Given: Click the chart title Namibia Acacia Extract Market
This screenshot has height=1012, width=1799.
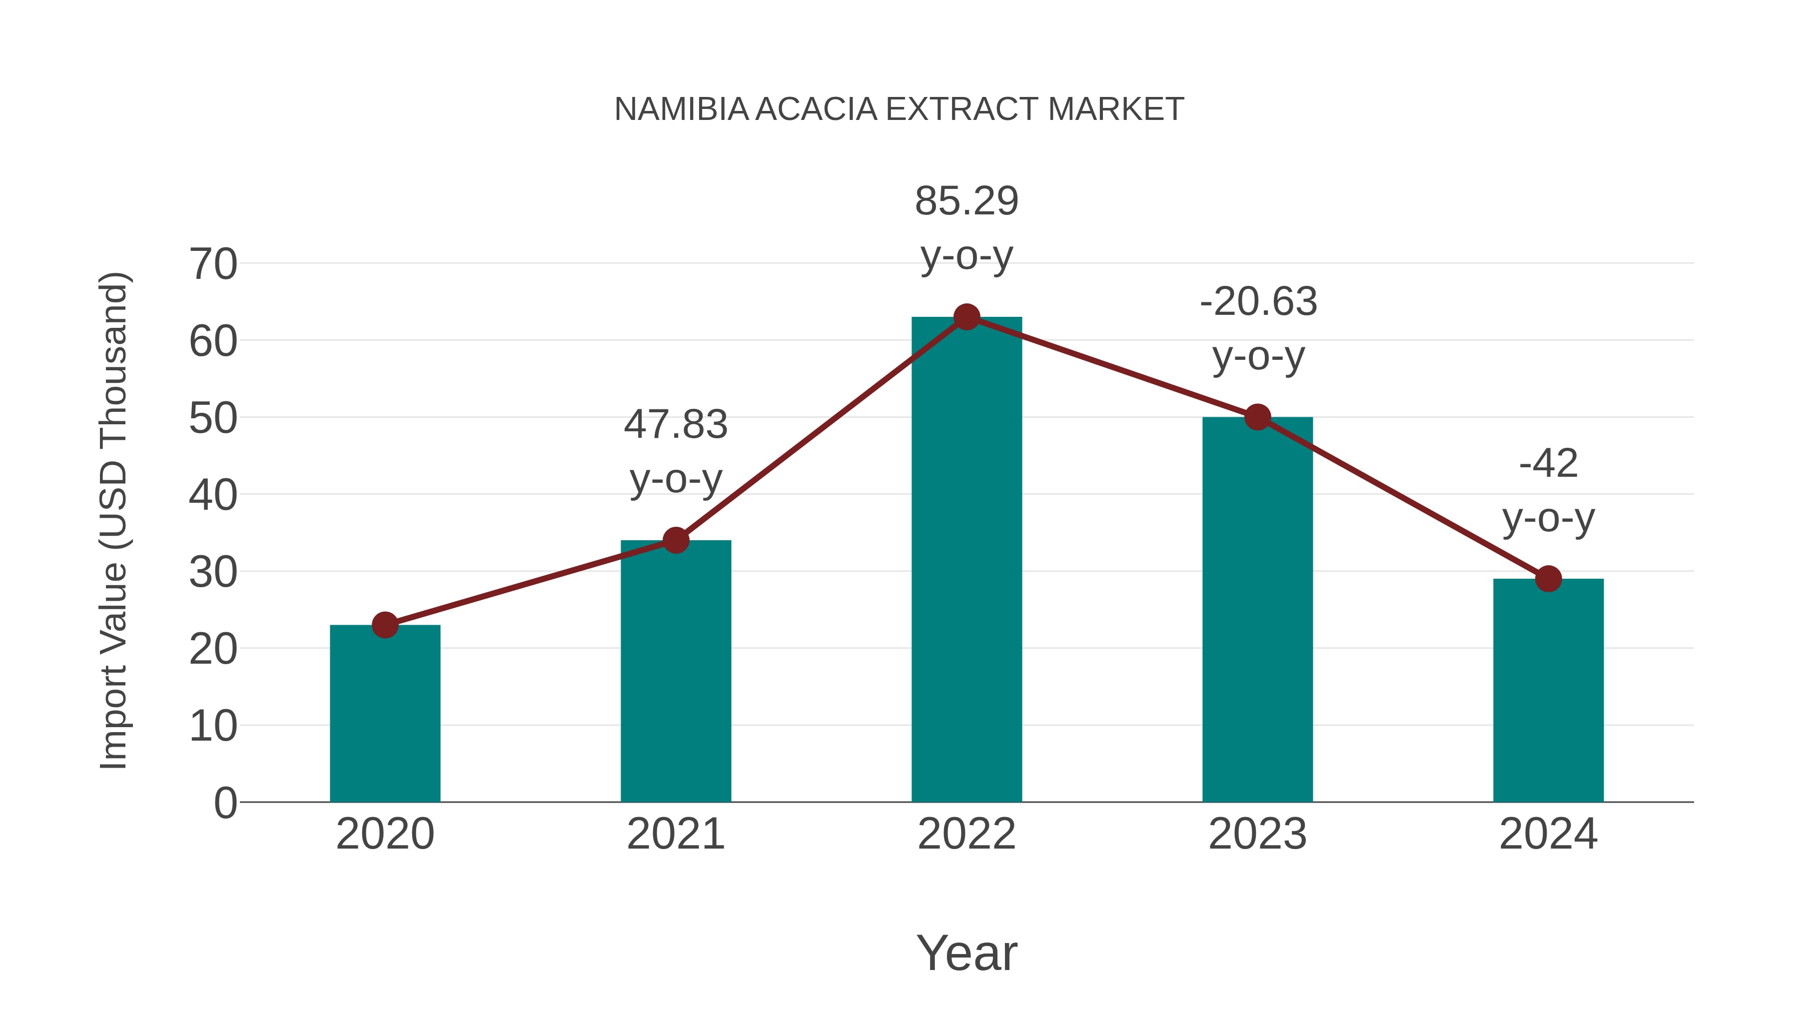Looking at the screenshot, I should pos(899,109).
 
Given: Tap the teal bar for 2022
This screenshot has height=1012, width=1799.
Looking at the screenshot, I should pos(966,559).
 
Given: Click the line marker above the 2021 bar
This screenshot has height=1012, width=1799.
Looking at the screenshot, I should pos(675,540).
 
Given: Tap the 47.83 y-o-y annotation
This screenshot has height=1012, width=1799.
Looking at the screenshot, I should pos(675,451).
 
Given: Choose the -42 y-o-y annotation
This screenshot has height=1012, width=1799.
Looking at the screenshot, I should pos(1548,490).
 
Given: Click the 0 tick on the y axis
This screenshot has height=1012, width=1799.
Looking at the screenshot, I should pos(225,803).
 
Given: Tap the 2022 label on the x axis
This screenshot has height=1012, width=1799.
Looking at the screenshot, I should pos(966,834).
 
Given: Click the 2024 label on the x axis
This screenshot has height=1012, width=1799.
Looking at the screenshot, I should pos(1548,834).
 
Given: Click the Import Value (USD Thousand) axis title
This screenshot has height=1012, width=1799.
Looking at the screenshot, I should pos(113,520).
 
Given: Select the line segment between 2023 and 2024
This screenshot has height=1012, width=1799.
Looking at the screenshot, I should pos(1402,497).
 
